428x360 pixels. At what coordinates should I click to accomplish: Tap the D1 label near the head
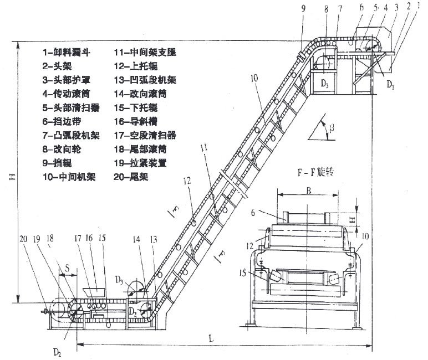[x=390, y=86]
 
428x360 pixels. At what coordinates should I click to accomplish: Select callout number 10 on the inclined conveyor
[x=253, y=79]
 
